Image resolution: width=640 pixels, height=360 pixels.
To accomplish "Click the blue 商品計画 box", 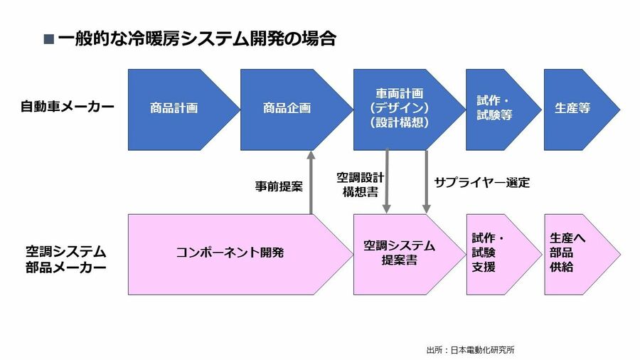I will click(174, 109).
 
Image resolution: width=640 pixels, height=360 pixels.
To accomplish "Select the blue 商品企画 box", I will click(287, 109).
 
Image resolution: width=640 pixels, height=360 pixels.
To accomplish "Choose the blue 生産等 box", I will click(573, 109).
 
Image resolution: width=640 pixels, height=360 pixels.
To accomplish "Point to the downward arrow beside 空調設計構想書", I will click(387, 181).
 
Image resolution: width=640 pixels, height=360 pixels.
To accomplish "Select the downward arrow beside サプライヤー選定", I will click(427, 181).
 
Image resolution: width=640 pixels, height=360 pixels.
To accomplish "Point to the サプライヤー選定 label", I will click(482, 182).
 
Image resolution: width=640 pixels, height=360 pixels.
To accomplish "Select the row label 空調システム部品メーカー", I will click(66, 260).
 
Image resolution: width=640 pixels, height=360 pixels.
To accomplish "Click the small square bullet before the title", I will click(48, 40).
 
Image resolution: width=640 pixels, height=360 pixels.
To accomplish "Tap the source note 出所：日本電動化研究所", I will click(470, 349).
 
